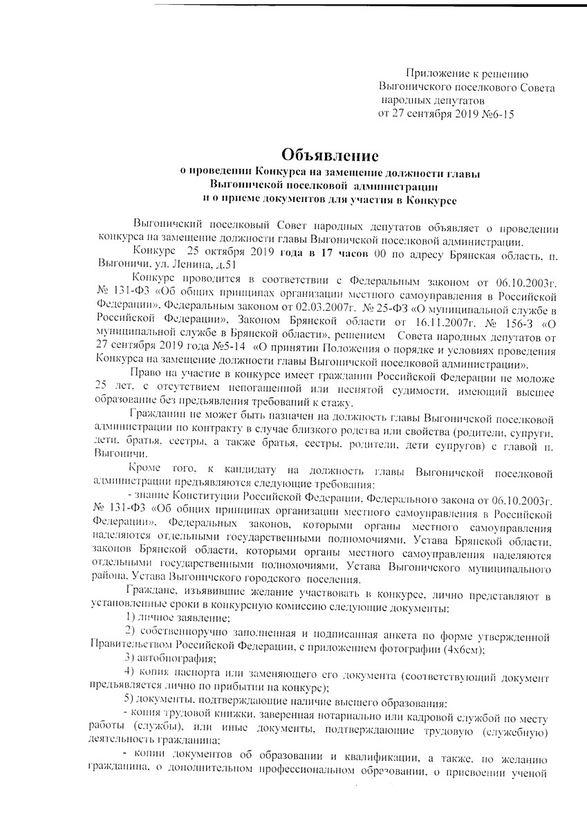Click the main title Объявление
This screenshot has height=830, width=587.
coord(330,153)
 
